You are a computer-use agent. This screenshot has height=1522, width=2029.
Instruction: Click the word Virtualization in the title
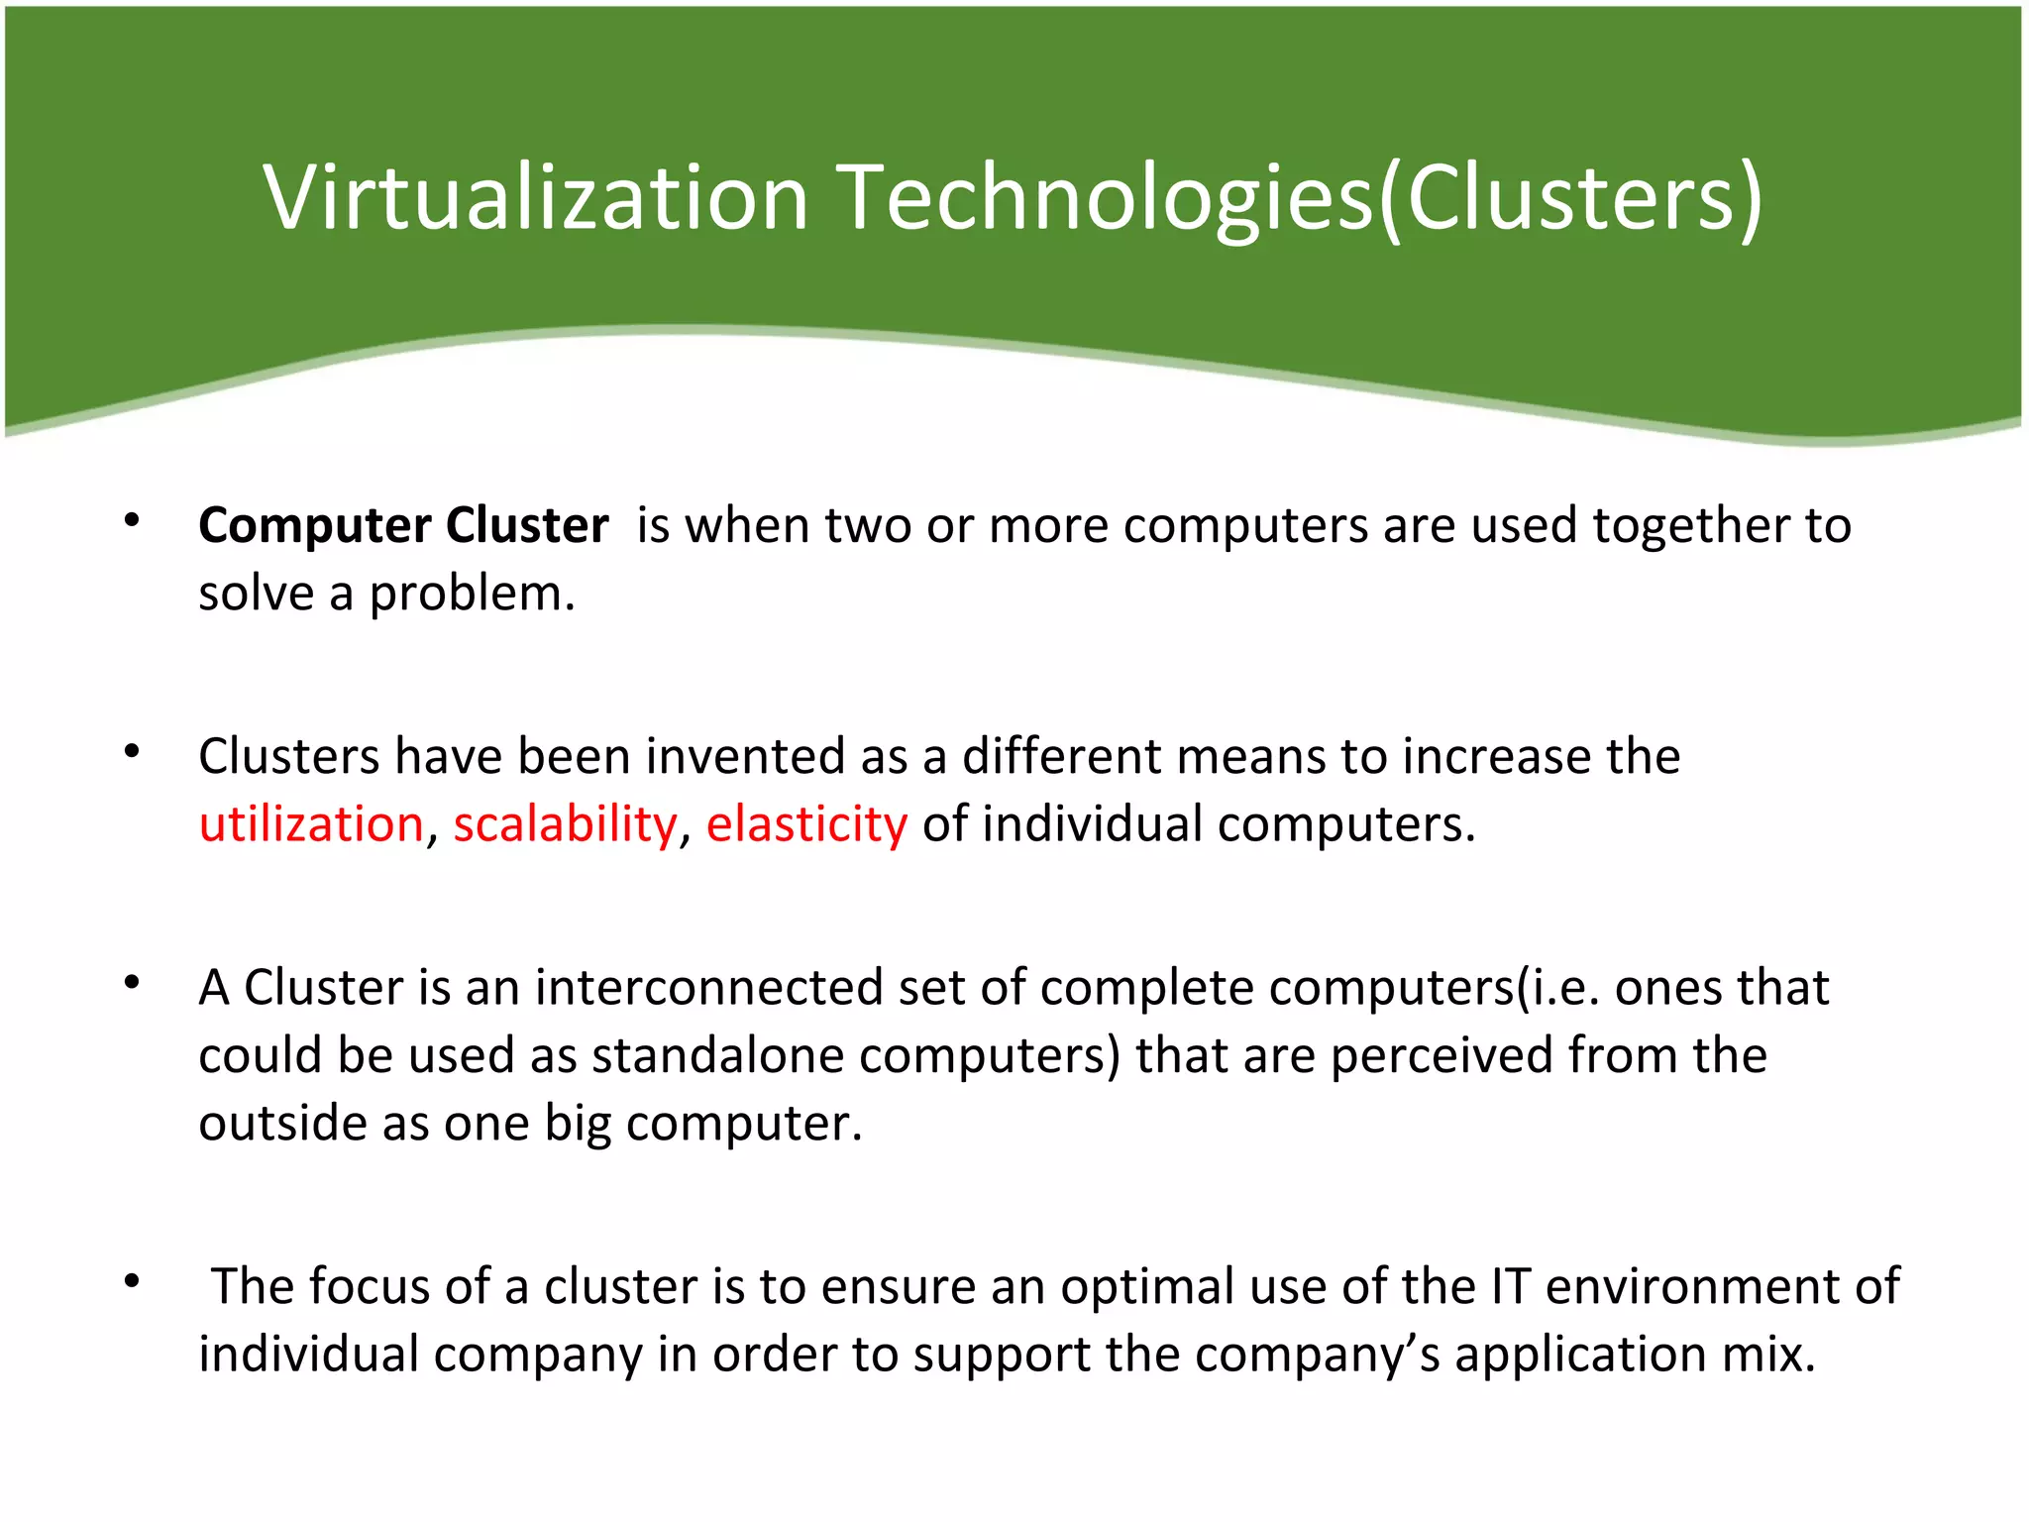(x=536, y=198)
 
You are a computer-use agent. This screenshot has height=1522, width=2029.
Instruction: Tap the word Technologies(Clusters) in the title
(x=1301, y=198)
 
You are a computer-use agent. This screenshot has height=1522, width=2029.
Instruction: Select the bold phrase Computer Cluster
(x=403, y=525)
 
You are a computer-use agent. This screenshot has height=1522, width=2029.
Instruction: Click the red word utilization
(x=311, y=824)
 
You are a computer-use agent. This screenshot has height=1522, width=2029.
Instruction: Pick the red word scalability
(x=565, y=824)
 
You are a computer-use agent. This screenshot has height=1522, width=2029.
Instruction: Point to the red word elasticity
(x=806, y=824)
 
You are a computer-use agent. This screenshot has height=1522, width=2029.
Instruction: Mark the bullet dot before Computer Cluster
(x=132, y=520)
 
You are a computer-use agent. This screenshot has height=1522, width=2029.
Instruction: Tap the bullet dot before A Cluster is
(x=132, y=983)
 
